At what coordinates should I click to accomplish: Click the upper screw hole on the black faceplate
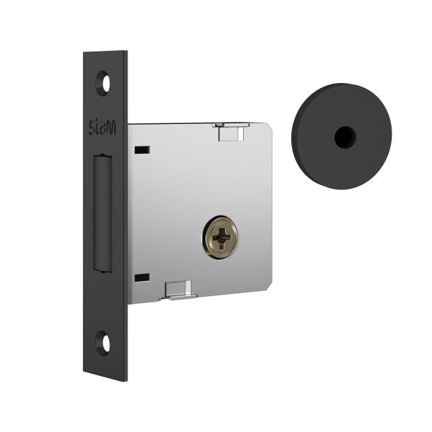[x=102, y=83]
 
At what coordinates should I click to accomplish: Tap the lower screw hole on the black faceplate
[x=102, y=343]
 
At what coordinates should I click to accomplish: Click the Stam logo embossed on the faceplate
[x=102, y=128]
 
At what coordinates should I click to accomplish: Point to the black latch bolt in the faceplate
[x=102, y=213]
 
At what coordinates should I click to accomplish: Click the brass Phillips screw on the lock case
[x=220, y=238]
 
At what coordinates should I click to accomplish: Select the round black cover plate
[x=341, y=136]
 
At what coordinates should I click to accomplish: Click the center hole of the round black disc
[x=345, y=137]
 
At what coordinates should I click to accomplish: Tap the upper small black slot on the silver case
[x=142, y=150]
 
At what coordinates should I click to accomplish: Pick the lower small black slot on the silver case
[x=142, y=277]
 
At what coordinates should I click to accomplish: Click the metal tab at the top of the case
[x=231, y=132]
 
